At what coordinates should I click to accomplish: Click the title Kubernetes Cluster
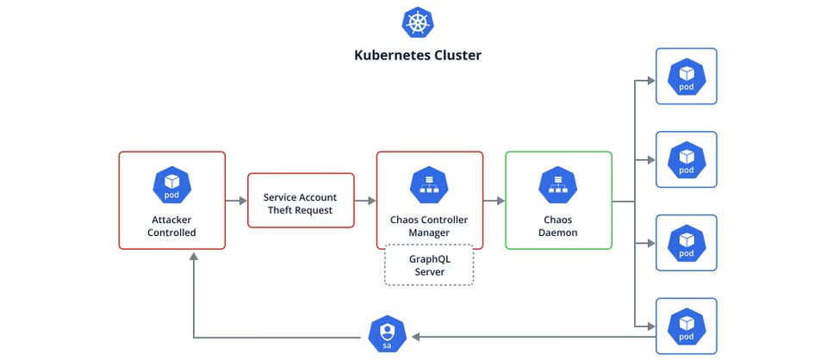click(418, 55)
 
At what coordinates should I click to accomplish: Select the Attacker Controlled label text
click(171, 227)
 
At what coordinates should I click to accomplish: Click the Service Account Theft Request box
click(301, 200)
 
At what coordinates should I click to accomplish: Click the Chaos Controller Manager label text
click(429, 227)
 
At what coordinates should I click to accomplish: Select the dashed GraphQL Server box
click(429, 264)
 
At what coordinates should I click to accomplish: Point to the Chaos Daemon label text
click(557, 227)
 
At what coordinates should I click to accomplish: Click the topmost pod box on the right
click(686, 76)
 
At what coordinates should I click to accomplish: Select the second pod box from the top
click(686, 159)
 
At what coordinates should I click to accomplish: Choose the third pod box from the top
click(686, 243)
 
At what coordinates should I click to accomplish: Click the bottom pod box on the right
click(686, 326)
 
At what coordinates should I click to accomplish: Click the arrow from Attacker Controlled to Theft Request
click(236, 201)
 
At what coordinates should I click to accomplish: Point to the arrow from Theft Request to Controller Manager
click(365, 201)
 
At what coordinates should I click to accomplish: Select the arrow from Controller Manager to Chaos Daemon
click(494, 201)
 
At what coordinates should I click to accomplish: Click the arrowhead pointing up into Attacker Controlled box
click(194, 257)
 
